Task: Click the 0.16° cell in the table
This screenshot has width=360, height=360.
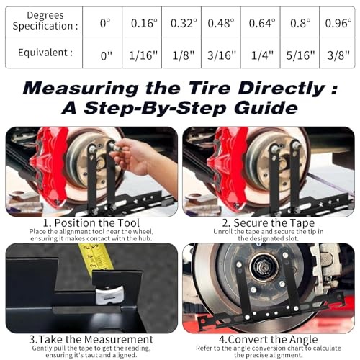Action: pos(144,22)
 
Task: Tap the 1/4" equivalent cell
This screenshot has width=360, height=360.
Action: pos(261,53)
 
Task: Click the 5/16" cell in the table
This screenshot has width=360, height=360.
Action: pos(298,53)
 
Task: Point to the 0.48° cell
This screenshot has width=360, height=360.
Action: pos(221,22)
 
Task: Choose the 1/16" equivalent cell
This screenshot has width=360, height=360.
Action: pos(144,53)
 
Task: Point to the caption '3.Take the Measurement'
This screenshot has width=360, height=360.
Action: pos(91,338)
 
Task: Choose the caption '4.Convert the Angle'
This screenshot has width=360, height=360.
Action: pos(269,338)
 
